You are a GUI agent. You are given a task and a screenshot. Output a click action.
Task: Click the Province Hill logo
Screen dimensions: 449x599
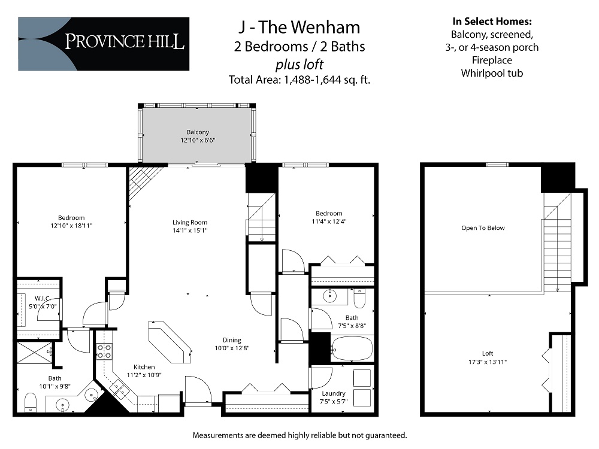[x=104, y=44]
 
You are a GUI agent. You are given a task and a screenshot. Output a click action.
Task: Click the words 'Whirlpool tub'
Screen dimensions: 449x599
[x=492, y=73]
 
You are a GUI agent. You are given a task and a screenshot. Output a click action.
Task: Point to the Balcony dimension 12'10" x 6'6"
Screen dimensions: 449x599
[x=198, y=140]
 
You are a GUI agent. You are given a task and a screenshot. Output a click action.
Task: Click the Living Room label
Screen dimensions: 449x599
[x=190, y=226]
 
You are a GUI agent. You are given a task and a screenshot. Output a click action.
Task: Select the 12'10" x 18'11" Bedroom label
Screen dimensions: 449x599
[x=71, y=222]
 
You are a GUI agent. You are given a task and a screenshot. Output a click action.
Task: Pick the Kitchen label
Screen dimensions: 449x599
[x=144, y=371]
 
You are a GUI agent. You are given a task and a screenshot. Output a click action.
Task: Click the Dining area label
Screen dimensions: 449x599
[x=232, y=343]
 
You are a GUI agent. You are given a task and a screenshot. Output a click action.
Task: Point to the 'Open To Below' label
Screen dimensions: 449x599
[x=483, y=228]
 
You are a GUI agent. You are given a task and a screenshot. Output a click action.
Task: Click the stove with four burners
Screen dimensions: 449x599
[x=104, y=351]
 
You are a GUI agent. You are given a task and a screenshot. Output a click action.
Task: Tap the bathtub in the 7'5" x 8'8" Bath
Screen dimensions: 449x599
[x=352, y=349]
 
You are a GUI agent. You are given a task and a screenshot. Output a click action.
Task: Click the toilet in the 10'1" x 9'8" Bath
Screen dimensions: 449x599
[x=31, y=403]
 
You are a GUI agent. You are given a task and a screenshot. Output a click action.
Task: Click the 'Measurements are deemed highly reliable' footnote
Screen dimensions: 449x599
[x=299, y=435]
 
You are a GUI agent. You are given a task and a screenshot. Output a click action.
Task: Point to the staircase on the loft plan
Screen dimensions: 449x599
[x=557, y=245]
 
